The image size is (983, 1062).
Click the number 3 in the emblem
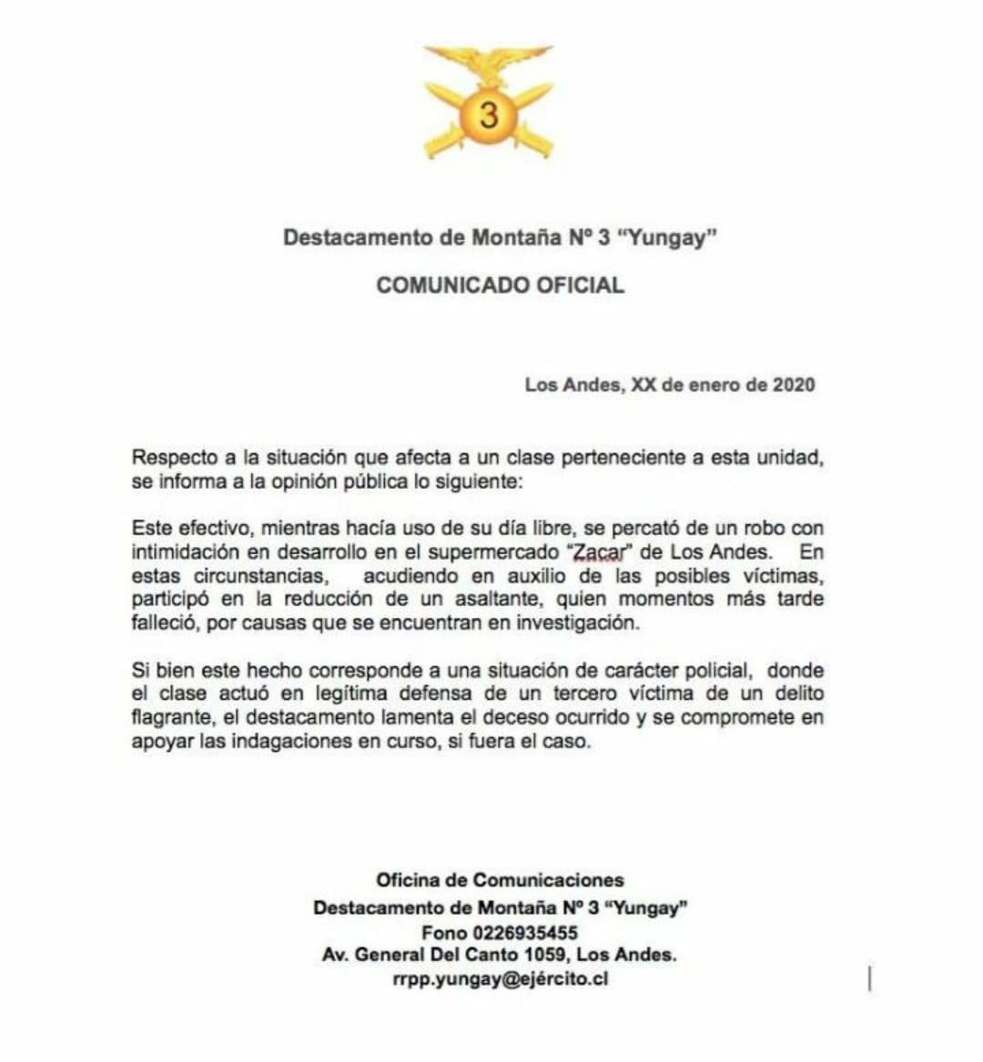(x=489, y=116)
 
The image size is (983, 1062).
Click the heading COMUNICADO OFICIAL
(x=501, y=285)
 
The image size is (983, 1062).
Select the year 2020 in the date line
(x=794, y=384)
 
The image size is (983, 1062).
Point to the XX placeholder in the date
(x=644, y=384)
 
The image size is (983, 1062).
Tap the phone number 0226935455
(x=525, y=933)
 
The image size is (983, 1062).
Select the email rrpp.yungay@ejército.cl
(x=500, y=980)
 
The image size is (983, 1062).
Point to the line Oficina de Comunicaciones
(x=500, y=880)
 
